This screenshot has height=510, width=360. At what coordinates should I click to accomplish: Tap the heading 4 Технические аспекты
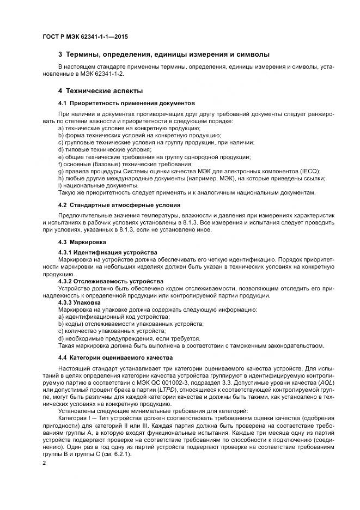[101, 90]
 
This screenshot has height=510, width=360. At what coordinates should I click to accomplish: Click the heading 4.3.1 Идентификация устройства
[107, 253]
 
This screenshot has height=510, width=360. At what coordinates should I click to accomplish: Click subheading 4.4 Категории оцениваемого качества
[115, 357]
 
